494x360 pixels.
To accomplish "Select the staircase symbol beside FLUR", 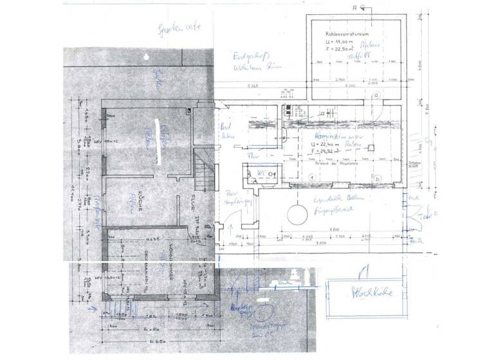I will (204, 168).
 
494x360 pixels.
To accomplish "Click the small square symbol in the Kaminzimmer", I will (371, 147).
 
